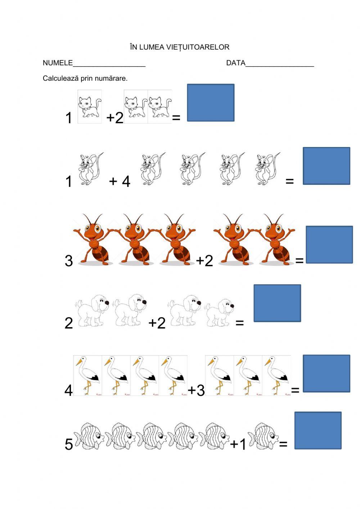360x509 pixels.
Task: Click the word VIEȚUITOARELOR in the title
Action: click(198, 47)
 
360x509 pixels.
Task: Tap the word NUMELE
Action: click(58, 63)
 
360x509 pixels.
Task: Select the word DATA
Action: click(236, 63)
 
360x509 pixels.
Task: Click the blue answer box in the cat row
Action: click(211, 102)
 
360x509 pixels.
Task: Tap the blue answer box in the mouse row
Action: click(327, 166)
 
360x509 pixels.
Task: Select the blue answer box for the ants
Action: click(329, 245)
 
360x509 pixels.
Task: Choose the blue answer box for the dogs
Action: click(277, 303)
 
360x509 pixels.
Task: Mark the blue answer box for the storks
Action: click(327, 373)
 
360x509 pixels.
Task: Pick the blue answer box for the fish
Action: click(318, 430)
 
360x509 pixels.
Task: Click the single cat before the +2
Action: click(90, 107)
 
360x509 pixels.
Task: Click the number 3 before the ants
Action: click(69, 261)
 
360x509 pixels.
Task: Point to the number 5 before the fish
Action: click(69, 444)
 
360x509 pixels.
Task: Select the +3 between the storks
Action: click(197, 390)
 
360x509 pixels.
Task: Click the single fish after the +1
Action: click(263, 436)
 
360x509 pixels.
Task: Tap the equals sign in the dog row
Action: click(240, 323)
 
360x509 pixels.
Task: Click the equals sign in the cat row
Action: click(176, 118)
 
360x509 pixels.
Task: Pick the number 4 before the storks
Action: click(69, 390)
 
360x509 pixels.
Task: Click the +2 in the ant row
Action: click(204, 260)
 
